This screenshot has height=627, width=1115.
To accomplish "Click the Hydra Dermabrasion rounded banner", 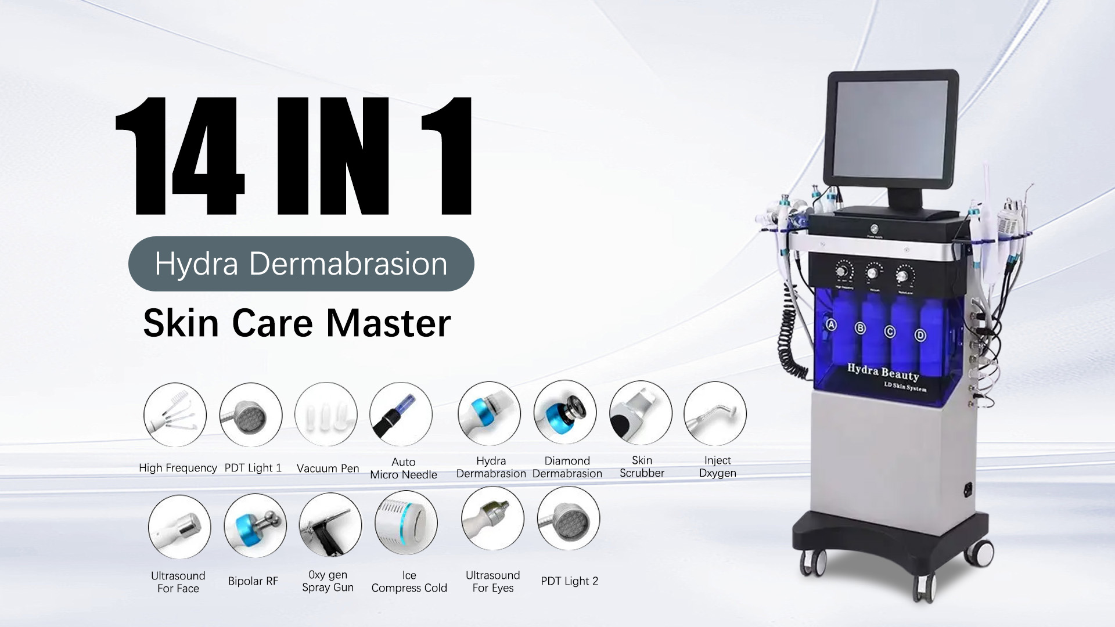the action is [301, 264].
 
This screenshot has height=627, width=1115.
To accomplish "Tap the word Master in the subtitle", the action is [388, 323].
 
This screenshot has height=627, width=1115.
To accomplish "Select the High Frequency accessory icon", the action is [175, 415].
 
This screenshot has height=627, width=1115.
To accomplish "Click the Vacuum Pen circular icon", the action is [326, 415].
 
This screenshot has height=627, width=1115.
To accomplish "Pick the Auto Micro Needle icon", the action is [401, 415].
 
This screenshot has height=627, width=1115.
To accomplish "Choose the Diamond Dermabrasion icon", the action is [565, 413].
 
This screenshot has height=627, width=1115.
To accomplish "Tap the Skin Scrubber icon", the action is [641, 413].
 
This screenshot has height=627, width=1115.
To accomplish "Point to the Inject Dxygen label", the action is [717, 467].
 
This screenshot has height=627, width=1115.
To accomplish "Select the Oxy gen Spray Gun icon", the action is [330, 525].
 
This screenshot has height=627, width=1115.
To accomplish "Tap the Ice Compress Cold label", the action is [409, 582].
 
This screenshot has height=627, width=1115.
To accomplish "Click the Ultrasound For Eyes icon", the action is [492, 518].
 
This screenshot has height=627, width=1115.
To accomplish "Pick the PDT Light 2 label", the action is [569, 581].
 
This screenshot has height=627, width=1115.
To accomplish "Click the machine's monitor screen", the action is [890, 130].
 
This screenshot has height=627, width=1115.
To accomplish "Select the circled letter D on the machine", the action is [920, 335].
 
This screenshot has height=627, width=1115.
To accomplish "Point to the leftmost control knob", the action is [844, 272].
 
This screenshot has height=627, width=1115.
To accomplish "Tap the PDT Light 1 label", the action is [253, 468].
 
